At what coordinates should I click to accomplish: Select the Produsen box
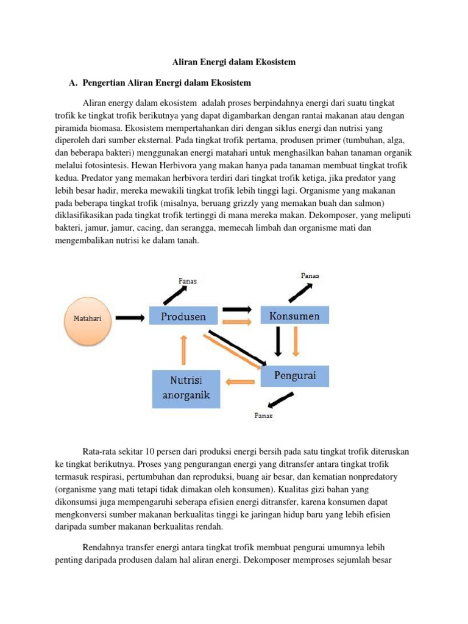point(183,316)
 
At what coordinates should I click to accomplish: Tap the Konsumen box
point(294,316)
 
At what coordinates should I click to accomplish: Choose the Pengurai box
point(295,375)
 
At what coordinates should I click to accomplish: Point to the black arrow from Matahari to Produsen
point(130,317)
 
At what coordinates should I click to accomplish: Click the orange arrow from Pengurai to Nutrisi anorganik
point(240,382)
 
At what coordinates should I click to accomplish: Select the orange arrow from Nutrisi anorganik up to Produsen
point(183,352)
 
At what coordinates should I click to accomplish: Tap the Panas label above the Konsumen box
point(310,275)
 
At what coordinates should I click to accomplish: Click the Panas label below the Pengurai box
point(263,416)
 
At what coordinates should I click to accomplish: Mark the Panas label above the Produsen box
point(187,281)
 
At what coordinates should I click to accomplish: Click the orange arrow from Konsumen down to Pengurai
point(296,341)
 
